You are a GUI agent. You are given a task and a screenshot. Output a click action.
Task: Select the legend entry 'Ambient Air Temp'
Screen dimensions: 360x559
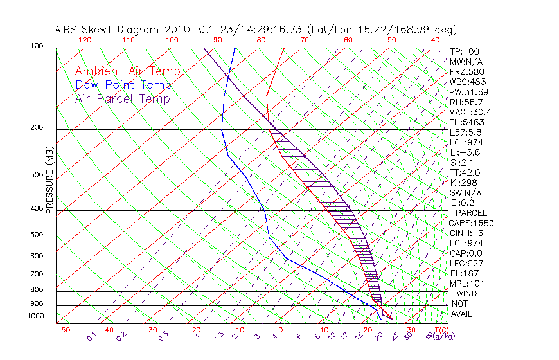(x=127, y=71)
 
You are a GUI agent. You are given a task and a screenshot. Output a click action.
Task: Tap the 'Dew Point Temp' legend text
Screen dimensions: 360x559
(x=123, y=85)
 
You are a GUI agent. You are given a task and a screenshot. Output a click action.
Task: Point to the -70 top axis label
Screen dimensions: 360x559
(x=301, y=40)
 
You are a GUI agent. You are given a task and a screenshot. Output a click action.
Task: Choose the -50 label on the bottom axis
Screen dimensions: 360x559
(x=62, y=330)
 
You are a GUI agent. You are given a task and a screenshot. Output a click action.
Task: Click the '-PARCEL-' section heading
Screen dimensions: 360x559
(x=471, y=213)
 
